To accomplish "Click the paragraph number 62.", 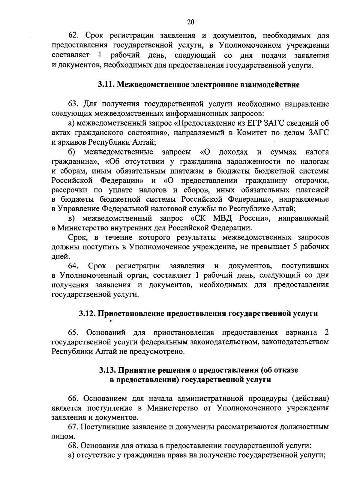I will pyautogui.click(x=74, y=36).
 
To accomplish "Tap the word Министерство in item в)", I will pyautogui.click(x=81, y=228).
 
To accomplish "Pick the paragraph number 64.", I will pyautogui.click(x=74, y=266).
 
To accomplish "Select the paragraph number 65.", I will pyautogui.click(x=74, y=333).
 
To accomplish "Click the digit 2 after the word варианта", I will pyautogui.click(x=326, y=333).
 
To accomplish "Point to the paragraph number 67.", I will pyautogui.click(x=74, y=427).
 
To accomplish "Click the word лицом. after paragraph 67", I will pyautogui.click(x=62, y=436).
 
